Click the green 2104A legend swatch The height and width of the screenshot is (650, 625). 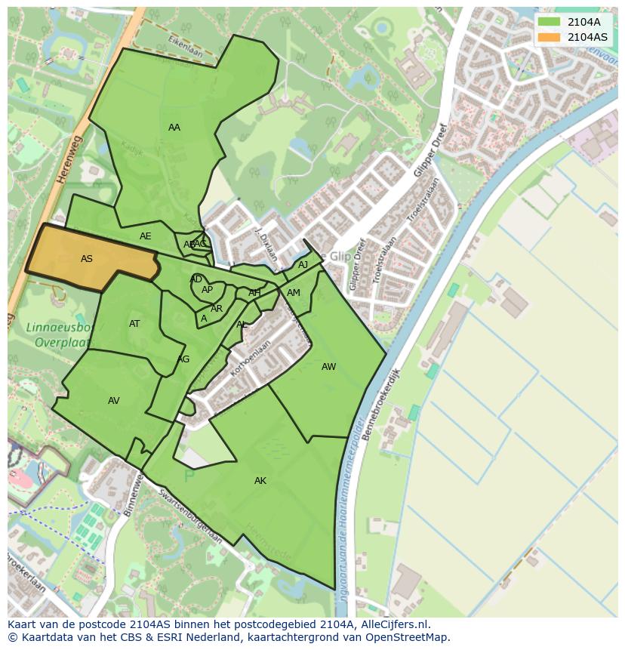(x=549, y=23)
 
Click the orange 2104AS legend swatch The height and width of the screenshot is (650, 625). (x=549, y=37)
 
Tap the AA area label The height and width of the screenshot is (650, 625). (x=174, y=128)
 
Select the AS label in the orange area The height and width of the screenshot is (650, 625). (x=87, y=259)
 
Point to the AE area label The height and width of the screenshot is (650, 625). (x=146, y=236)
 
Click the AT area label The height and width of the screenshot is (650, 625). (x=134, y=324)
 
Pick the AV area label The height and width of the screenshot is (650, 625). (x=114, y=401)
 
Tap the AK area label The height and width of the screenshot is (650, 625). (x=260, y=481)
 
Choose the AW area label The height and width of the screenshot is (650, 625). (x=328, y=367)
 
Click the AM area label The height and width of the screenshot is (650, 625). (x=294, y=293)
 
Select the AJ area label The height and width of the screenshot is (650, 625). (x=303, y=265)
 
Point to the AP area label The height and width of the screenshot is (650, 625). (x=208, y=290)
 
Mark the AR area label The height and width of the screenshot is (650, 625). (x=217, y=309)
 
